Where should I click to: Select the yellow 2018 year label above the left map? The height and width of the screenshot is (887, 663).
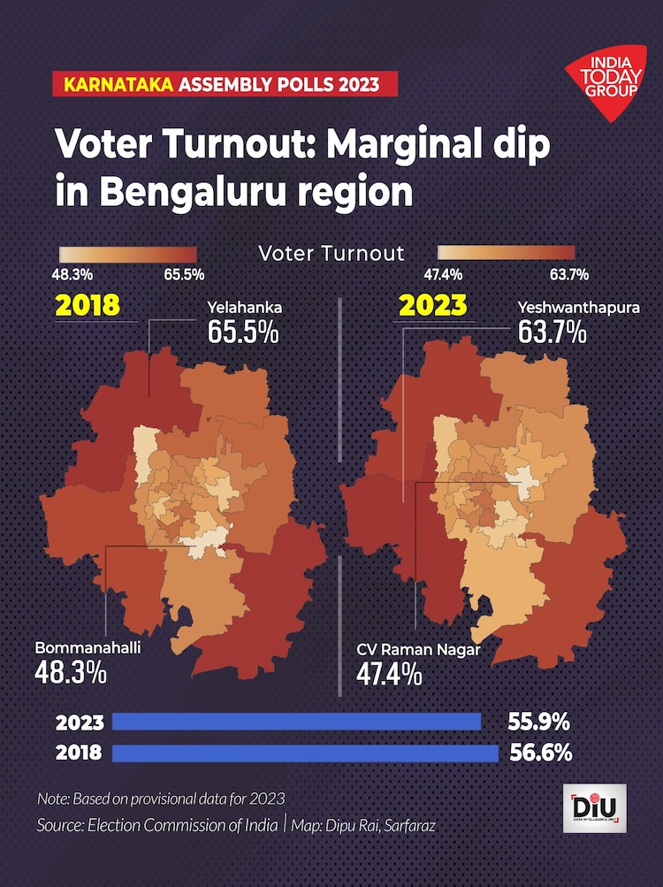pyautogui.click(x=88, y=305)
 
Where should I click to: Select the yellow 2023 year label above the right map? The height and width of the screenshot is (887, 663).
pyautogui.click(x=432, y=305)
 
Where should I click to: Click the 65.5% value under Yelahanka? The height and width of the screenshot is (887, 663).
pyautogui.click(x=244, y=333)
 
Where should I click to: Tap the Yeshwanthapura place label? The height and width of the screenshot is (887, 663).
pyautogui.click(x=578, y=309)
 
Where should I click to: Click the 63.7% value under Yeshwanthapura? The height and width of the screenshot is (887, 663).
pyautogui.click(x=552, y=333)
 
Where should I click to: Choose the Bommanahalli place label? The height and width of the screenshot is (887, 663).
pyautogui.click(x=88, y=647)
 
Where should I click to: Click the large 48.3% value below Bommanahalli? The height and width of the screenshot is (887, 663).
pyautogui.click(x=71, y=672)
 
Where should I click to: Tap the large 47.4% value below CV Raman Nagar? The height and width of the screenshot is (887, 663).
pyautogui.click(x=389, y=674)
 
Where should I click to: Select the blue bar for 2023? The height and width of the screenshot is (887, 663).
pyautogui.click(x=297, y=722)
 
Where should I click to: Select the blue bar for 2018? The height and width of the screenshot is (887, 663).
pyautogui.click(x=306, y=753)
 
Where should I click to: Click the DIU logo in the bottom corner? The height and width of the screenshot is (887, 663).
pyautogui.click(x=594, y=807)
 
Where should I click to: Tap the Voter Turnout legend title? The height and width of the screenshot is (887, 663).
pyautogui.click(x=331, y=254)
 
